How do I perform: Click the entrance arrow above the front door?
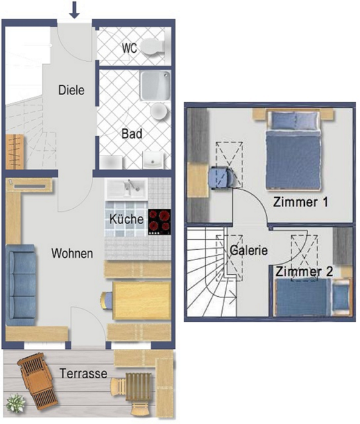click(x=74, y=10)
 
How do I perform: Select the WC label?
click(x=130, y=48)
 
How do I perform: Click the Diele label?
click(x=71, y=90)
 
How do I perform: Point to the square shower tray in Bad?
click(x=155, y=85)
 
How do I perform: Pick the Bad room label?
click(x=132, y=134)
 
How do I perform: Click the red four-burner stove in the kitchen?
click(x=159, y=222)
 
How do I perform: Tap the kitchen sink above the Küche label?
click(x=126, y=189)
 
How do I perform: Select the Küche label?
click(x=126, y=219)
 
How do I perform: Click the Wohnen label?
click(x=72, y=254)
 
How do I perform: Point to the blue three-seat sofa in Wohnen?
click(x=21, y=285)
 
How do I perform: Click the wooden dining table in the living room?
click(x=142, y=301)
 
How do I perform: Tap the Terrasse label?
click(x=83, y=373)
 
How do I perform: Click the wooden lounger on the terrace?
click(x=37, y=382)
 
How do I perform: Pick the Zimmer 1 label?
click(x=300, y=202)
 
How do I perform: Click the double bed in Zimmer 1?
click(x=293, y=150)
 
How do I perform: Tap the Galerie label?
click(x=249, y=251)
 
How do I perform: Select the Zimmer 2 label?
click(x=304, y=272)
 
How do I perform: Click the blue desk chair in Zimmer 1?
click(x=220, y=177)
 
